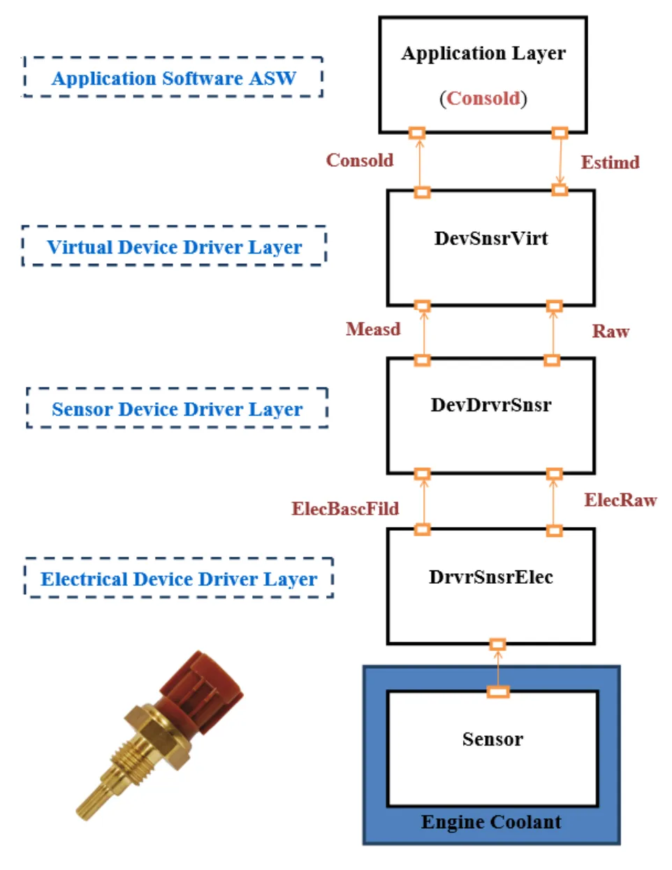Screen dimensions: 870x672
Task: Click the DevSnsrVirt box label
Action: [x=491, y=239]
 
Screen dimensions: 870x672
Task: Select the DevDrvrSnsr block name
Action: [x=491, y=405]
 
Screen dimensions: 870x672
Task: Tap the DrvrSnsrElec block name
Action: [x=491, y=577]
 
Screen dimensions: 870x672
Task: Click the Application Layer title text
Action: [x=483, y=54]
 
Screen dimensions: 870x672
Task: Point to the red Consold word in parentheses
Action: [x=483, y=98]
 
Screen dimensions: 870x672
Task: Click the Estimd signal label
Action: [x=610, y=163]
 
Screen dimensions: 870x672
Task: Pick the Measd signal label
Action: [x=373, y=330]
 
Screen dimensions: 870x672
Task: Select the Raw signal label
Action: [x=611, y=332]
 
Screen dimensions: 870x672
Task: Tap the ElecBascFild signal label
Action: [x=345, y=509]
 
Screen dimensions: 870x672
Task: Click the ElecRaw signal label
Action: [x=620, y=501]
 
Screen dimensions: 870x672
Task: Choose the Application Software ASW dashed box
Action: [x=173, y=78]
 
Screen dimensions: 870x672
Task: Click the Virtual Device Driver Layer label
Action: [x=175, y=247]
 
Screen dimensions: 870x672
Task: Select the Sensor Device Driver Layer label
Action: [x=177, y=409]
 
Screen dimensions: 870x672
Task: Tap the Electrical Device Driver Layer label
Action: [x=179, y=580]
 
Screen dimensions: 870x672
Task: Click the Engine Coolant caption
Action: [x=491, y=823]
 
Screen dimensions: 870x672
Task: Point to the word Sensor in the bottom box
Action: [x=492, y=740]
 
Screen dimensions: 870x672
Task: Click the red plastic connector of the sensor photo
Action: [x=203, y=688]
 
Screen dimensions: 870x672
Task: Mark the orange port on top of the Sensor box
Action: [x=498, y=692]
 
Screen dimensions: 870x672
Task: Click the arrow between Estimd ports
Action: [x=560, y=161]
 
